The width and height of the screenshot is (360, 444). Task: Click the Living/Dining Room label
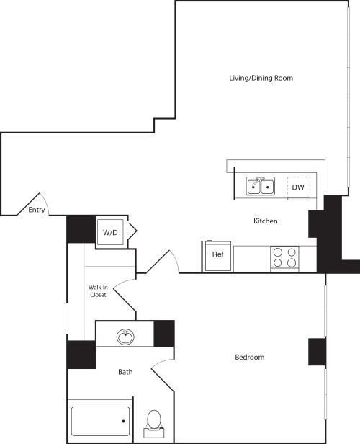261,78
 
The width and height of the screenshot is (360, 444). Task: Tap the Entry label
36,210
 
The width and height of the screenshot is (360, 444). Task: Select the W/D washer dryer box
110,233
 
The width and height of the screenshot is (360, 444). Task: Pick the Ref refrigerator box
217,254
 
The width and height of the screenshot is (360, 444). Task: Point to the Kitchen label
265,221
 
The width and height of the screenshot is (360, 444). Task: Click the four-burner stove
284,257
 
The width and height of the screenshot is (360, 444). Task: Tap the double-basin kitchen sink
261,186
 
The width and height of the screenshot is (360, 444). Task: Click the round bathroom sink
126,335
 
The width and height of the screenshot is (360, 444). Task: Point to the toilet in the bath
154,421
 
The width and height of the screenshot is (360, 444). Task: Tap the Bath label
126,373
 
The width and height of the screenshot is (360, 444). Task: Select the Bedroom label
249,358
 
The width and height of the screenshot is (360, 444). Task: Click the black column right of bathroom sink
164,333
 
